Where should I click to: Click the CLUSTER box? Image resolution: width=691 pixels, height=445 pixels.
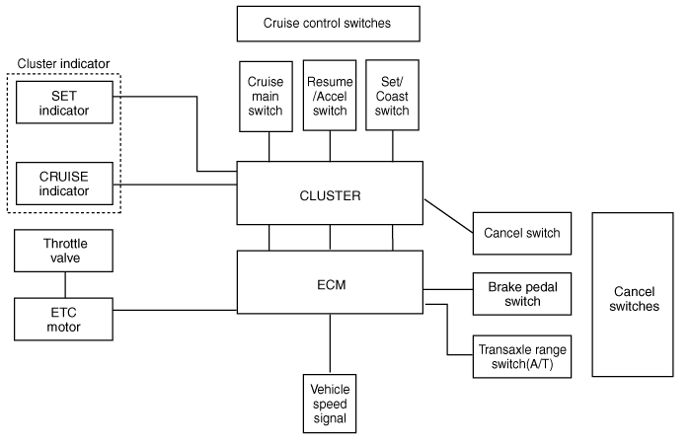tap(330, 194)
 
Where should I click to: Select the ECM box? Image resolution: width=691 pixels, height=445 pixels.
tap(330, 284)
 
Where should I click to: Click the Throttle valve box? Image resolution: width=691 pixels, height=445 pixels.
tap(65, 251)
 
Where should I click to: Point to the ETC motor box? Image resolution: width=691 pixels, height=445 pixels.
tap(65, 319)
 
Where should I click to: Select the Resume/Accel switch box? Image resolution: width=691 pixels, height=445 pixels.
tap(330, 96)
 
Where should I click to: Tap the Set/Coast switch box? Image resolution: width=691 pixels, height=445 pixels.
tap(393, 96)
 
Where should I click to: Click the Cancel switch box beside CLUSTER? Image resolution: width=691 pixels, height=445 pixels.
tap(522, 233)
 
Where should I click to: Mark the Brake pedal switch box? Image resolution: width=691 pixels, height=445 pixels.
tap(522, 293)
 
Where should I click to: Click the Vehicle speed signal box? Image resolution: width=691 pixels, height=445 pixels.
tap(330, 403)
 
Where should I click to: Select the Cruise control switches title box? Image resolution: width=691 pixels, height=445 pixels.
tap(328, 22)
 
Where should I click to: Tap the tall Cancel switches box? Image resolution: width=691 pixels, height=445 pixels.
tap(635, 293)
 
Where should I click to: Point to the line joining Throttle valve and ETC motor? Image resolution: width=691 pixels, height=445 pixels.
tap(65, 285)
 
